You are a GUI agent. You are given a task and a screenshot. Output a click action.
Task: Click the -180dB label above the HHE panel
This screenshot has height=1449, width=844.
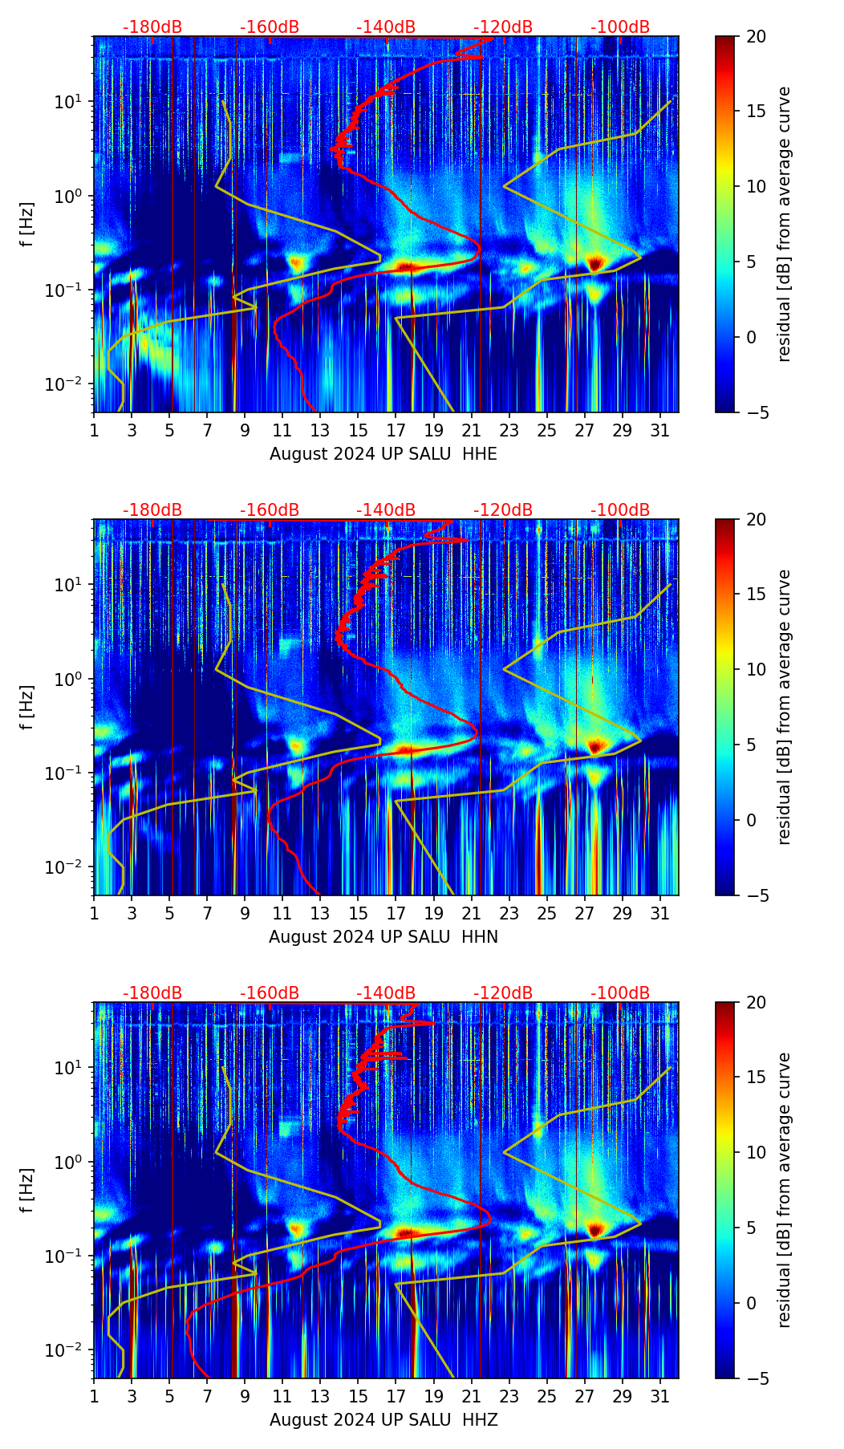(x=152, y=27)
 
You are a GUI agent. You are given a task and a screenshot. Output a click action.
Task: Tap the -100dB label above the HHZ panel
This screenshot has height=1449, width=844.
(x=620, y=993)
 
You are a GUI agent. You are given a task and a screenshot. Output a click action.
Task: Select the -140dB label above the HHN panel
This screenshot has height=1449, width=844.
(x=386, y=510)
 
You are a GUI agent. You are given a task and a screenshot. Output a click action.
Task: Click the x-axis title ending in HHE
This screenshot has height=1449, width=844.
(x=383, y=454)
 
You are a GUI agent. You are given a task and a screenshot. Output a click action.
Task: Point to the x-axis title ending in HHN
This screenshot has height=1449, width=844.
(x=383, y=937)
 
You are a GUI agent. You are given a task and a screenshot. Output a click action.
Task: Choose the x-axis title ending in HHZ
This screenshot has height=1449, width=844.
(x=383, y=1420)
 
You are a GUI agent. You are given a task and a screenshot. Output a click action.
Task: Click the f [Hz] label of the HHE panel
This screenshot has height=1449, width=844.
(x=27, y=225)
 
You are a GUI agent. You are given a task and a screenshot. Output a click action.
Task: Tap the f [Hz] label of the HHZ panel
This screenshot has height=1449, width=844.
(x=27, y=1191)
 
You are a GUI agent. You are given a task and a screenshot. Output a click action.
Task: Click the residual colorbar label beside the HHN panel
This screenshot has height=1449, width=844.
(x=785, y=707)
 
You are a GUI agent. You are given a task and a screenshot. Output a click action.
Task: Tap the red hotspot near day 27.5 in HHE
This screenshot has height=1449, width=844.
(x=594, y=263)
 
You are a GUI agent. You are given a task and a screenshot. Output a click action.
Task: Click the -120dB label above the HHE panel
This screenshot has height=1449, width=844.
(x=503, y=27)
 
